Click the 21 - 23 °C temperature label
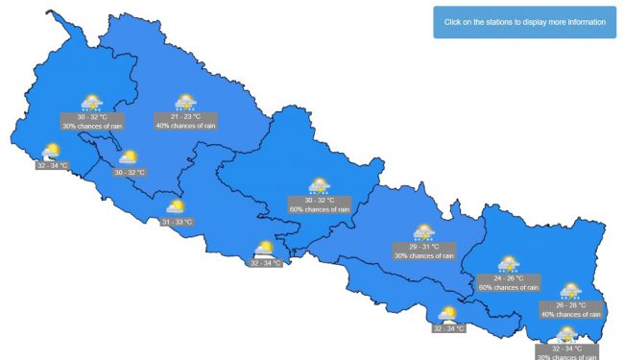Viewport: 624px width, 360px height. (185, 116)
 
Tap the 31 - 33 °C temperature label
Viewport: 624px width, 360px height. (178, 222)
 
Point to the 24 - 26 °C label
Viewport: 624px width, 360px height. (508, 278)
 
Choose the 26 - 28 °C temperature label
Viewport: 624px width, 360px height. (570, 305)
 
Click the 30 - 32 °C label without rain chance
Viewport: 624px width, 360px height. (130, 172)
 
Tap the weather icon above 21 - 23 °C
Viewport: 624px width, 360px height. (185, 102)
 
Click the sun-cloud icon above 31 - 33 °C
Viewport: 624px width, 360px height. (177, 206)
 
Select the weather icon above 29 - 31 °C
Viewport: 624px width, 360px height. (423, 232)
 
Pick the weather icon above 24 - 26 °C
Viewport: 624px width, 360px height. (508, 263)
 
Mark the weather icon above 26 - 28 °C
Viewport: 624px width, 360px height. (570, 290)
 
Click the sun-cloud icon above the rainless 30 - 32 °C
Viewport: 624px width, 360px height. (128, 156)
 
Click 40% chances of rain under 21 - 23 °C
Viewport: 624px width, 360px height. (186, 125)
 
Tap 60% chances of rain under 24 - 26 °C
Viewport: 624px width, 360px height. (508, 287)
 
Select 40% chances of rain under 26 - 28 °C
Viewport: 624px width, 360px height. (570, 314)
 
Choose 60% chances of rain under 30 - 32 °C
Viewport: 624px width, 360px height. (321, 209)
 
